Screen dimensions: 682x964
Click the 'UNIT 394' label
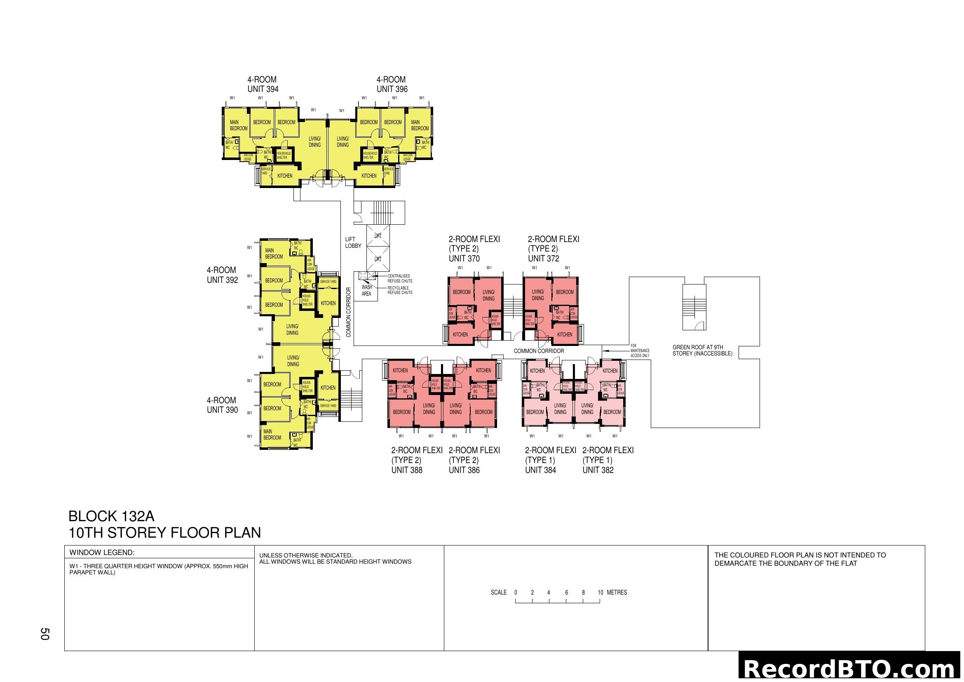pos(263,89)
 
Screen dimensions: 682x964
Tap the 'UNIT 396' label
pos(392,89)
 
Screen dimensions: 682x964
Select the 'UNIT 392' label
pos(222,280)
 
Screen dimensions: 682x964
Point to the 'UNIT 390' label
pos(222,410)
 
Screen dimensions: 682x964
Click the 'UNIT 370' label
pos(464,259)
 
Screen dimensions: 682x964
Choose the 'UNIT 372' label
pos(543,259)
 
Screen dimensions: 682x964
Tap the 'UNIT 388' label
pos(407,470)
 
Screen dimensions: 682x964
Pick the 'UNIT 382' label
pos(598,470)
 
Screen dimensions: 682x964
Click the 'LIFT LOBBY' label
pos(353,243)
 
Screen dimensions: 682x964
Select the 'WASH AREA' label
pos(366,291)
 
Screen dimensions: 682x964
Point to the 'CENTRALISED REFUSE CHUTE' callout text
pos(400,278)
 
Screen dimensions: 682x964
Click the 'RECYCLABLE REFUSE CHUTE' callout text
pos(400,290)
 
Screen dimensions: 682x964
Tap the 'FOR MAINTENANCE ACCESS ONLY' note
pos(640,350)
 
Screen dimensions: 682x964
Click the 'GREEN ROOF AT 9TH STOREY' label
pos(702,350)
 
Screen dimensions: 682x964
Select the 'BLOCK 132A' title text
pos(111,516)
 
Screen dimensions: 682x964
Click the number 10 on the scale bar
pos(600,593)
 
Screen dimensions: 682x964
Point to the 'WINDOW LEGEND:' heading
pos(102,553)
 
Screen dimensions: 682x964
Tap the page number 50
pos(45,634)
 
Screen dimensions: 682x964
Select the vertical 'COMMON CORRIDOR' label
pos(349,312)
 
